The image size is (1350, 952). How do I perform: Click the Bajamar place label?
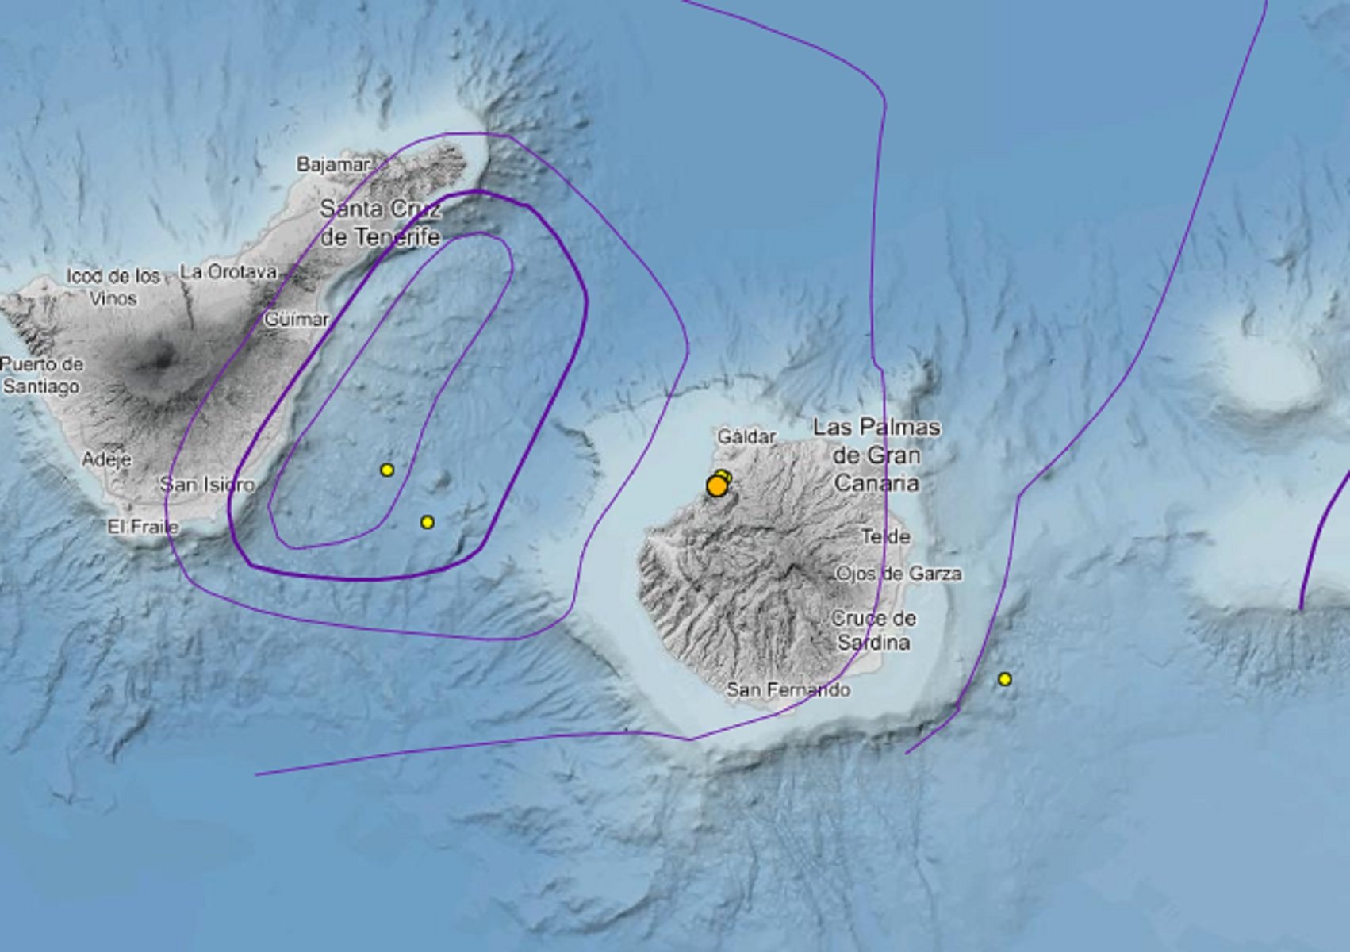pyautogui.click(x=333, y=164)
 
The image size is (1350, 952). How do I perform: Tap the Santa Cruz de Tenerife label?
pyautogui.click(x=379, y=223)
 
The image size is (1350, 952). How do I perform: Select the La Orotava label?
pyautogui.click(x=228, y=272)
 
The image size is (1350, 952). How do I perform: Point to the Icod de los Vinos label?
pyautogui.click(x=113, y=287)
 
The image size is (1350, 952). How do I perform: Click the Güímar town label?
pyautogui.click(x=296, y=319)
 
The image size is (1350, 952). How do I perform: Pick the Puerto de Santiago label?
pyautogui.click(x=41, y=375)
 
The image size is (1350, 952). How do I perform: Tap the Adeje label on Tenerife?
pyautogui.click(x=107, y=459)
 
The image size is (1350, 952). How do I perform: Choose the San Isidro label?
pyautogui.click(x=207, y=484)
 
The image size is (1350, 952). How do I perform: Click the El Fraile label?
pyautogui.click(x=144, y=526)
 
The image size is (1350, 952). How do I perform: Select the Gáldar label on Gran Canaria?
pyautogui.click(x=746, y=436)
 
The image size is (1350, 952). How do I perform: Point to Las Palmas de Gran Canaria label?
pyautogui.click(x=876, y=455)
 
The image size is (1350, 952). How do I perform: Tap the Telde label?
pyautogui.click(x=885, y=536)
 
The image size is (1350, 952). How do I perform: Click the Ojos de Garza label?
pyautogui.click(x=898, y=573)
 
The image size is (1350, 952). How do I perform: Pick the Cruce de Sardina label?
pyautogui.click(x=873, y=630)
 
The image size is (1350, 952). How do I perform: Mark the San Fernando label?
pyautogui.click(x=788, y=689)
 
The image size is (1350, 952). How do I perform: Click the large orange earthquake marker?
pyautogui.click(x=716, y=486)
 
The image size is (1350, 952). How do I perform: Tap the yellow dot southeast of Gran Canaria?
pyautogui.click(x=1005, y=679)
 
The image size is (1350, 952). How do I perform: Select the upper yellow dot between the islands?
pyautogui.click(x=387, y=470)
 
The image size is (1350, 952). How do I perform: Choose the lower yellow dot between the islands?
pyautogui.click(x=428, y=522)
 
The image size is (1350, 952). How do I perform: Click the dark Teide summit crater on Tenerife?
pyautogui.click(x=164, y=361)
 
